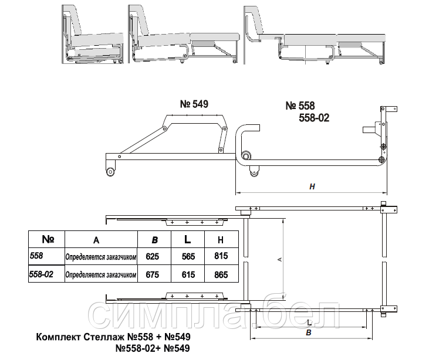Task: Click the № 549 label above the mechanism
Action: coord(194,104)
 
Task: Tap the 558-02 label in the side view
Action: coord(314,118)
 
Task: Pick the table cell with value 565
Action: coord(188,256)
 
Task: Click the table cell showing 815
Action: coord(221,256)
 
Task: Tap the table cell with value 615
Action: coord(188,274)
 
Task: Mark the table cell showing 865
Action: coord(221,274)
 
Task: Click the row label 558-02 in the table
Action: coord(41,274)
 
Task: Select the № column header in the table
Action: coord(48,239)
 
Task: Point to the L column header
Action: coord(187,239)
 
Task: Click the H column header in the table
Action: coord(221,240)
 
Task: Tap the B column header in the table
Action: coord(154,240)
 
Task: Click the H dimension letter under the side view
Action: coord(312,186)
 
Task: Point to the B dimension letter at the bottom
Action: coord(309,332)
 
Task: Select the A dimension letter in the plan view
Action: coord(279,259)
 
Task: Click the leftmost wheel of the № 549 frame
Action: coord(110,172)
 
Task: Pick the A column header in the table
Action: coord(96,240)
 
